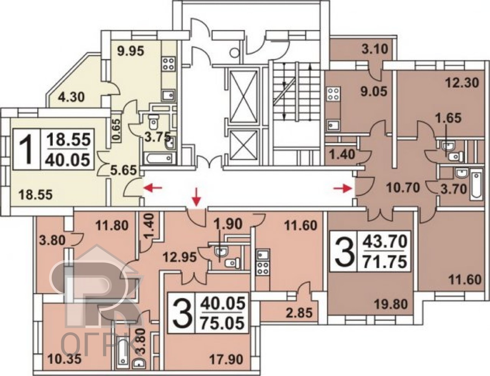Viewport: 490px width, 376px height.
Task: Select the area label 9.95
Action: tap(131, 52)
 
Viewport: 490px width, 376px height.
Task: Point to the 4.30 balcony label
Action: tap(71, 97)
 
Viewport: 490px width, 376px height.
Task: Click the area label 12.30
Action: tap(462, 83)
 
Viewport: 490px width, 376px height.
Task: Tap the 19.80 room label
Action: tap(391, 304)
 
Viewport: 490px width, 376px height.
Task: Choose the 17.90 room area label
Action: tap(226, 360)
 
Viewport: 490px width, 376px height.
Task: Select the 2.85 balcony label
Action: tap(299, 313)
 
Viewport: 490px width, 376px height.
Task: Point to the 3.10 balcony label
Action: tap(375, 49)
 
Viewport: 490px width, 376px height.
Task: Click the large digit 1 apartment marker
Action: tap(26, 149)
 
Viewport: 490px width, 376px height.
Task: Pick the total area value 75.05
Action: tap(222, 323)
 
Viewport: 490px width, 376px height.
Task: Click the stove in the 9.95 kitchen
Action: tap(168, 64)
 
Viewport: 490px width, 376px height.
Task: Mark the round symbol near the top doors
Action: tap(235, 53)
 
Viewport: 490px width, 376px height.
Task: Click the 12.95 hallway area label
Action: tap(180, 257)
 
